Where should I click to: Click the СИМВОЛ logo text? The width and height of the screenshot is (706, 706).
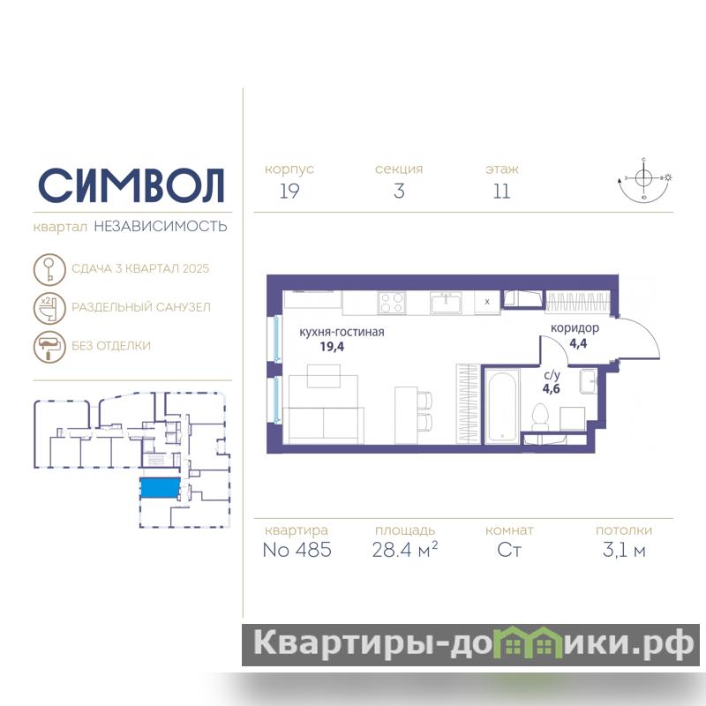point(131,185)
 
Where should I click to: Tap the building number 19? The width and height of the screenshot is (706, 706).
point(289,192)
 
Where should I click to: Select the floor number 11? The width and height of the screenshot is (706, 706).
point(501,192)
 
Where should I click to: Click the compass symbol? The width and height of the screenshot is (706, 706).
point(644,180)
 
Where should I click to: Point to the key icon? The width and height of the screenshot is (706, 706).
point(49,269)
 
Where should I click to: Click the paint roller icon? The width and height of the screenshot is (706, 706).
point(49,346)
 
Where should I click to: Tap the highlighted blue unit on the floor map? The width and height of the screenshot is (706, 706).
point(160,488)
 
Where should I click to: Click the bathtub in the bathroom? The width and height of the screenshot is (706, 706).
point(501,406)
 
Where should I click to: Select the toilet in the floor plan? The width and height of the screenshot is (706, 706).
point(540,417)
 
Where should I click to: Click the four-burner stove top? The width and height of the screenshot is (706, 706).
point(392,303)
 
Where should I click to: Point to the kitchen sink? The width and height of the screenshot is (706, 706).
point(446,303)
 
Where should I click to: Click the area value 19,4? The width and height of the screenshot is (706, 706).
point(332,347)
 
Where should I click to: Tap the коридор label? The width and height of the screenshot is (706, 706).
point(575,328)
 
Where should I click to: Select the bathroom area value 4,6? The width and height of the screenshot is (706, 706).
point(551,388)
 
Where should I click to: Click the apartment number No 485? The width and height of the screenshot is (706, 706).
point(297,550)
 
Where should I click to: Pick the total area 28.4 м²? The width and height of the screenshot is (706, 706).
point(405,550)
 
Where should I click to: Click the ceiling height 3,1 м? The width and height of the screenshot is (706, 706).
point(624,550)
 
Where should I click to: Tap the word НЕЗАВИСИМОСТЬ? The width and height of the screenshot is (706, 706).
point(161,226)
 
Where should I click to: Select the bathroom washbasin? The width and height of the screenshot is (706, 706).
point(588,382)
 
